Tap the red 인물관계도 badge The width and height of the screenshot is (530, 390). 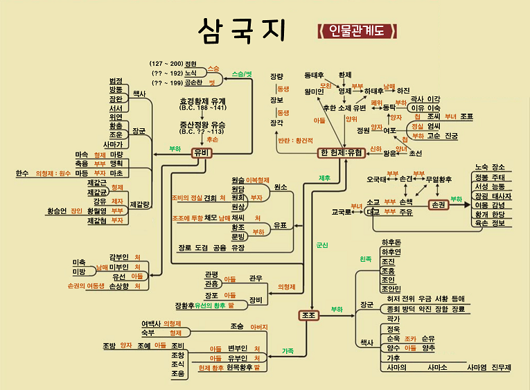[357, 31]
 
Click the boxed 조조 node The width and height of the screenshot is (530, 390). [309, 314]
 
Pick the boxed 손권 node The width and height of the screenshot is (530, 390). [438, 205]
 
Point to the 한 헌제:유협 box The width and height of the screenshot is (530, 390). [341, 152]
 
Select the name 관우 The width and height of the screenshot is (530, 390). [256, 278]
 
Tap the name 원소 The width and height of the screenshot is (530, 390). [281, 188]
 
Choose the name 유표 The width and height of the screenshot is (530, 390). [280, 225]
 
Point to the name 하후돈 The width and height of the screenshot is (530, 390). [391, 242]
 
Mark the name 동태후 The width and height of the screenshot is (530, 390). [314, 74]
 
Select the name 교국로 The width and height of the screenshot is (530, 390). [342, 212]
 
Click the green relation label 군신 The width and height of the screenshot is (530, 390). [321, 245]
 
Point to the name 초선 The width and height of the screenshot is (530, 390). [415, 153]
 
